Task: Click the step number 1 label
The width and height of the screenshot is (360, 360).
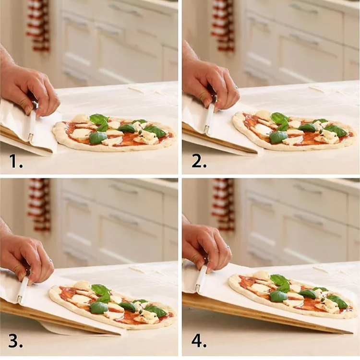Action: [x=16, y=161]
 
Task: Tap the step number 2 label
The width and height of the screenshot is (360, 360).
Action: [x=199, y=161]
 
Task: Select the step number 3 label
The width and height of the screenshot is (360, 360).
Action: [x=16, y=342]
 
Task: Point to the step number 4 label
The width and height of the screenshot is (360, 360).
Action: [x=199, y=342]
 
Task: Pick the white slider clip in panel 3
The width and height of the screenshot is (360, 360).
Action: [x=23, y=289]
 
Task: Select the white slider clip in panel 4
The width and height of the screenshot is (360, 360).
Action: [x=202, y=279]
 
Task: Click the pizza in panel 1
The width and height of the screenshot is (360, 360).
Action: [x=114, y=132]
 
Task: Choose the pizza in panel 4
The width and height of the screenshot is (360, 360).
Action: [x=290, y=296]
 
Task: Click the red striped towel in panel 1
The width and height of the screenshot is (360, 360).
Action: [x=38, y=26]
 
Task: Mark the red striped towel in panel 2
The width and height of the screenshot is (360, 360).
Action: [x=223, y=25]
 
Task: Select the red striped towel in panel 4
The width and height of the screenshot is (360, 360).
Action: [x=223, y=204]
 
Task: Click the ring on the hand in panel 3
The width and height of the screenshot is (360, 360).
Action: [x=51, y=261]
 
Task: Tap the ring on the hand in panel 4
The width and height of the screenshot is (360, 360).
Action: [x=228, y=247]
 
